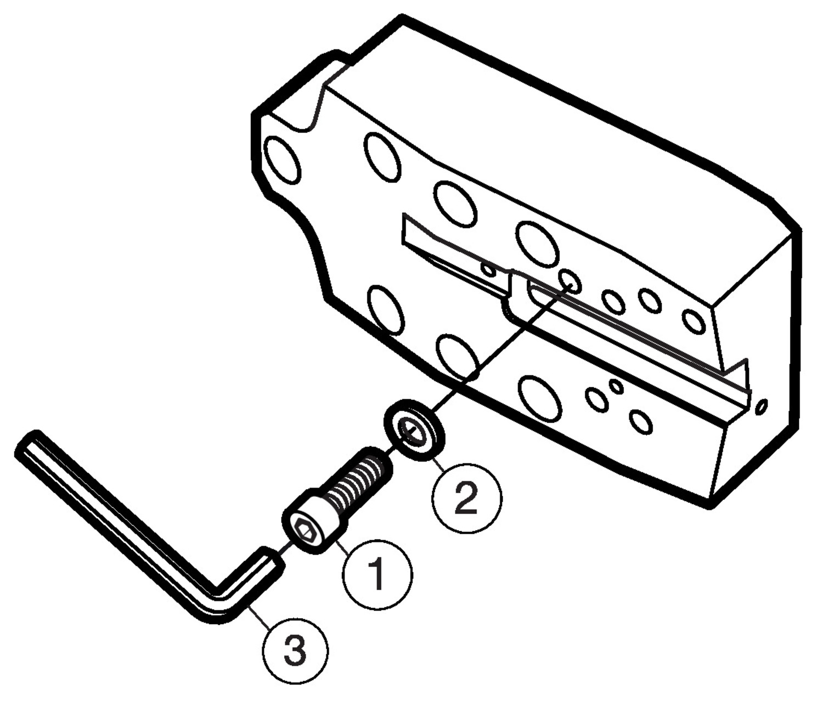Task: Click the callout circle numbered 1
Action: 377,574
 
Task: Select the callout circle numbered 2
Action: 467,498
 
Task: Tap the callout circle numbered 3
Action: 296,651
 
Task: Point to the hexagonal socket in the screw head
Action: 304,531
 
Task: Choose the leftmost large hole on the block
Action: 283,160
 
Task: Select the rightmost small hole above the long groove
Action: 694,321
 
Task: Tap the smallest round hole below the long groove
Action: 616,386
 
